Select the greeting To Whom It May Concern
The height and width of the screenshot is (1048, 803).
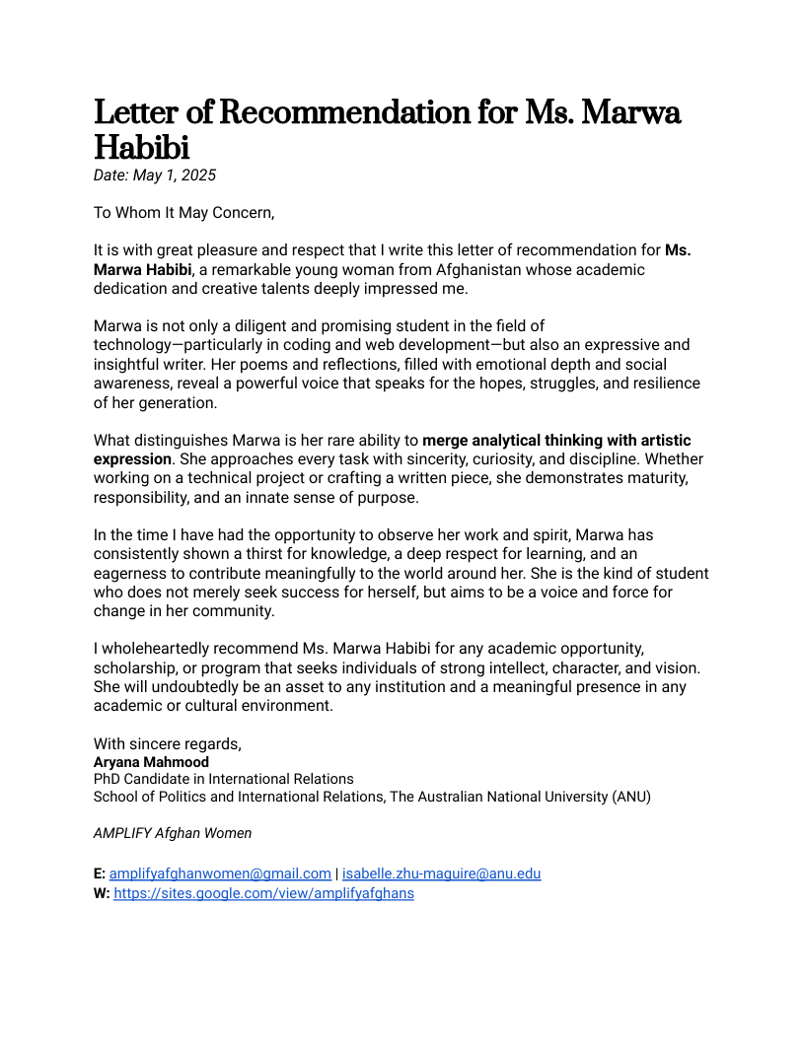click(x=183, y=212)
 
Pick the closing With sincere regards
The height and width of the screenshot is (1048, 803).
click(x=168, y=743)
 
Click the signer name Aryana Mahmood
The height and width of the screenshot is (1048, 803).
click(x=151, y=762)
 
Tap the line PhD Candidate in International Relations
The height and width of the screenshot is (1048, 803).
click(x=223, y=779)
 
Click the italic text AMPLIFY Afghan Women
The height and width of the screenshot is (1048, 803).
click(x=173, y=833)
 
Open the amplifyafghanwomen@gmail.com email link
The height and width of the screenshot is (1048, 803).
click(x=220, y=873)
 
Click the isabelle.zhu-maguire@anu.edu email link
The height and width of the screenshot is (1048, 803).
click(x=441, y=873)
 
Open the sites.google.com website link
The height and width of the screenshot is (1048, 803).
click(x=263, y=893)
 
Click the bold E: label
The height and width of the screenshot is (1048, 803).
click(x=100, y=873)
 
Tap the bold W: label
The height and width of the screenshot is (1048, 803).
click(x=102, y=893)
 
